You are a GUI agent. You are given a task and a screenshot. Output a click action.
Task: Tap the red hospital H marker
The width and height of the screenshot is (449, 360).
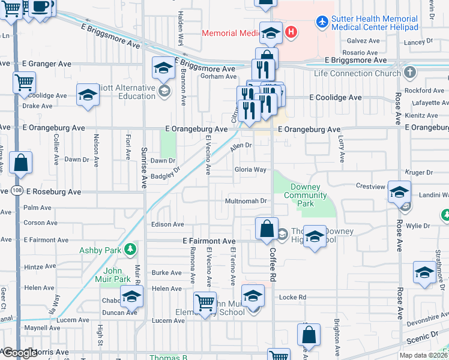tap(291, 31)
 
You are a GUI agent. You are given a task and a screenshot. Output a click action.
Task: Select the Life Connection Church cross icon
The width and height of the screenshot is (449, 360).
tap(410, 73)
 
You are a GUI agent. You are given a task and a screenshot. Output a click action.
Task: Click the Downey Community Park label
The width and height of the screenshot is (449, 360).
tap(306, 195)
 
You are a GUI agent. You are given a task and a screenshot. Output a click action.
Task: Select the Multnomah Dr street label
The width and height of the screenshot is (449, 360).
tap(246, 201)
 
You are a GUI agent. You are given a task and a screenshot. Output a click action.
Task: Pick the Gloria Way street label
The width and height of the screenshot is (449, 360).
tap(250, 170)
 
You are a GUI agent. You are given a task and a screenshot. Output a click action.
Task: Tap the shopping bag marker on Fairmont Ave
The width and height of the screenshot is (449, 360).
tap(266, 229)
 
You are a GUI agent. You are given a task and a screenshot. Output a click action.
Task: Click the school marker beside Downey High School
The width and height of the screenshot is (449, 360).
tap(314, 236)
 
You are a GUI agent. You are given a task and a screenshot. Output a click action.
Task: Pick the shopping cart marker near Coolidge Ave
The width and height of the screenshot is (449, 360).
tap(24, 82)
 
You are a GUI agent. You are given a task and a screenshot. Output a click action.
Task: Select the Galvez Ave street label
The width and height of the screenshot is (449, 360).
tap(366, 41)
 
